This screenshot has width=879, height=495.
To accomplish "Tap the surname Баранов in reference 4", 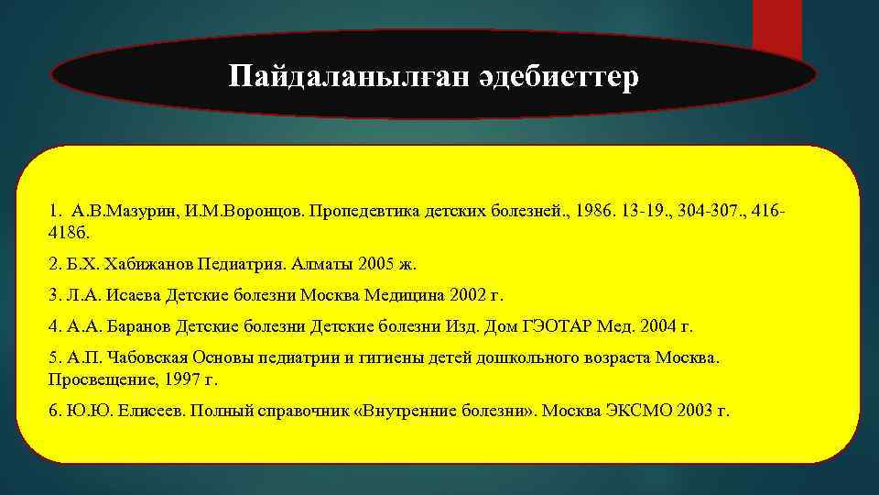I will coord(136,325).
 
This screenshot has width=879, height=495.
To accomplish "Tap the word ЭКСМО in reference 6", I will coord(642,410).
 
